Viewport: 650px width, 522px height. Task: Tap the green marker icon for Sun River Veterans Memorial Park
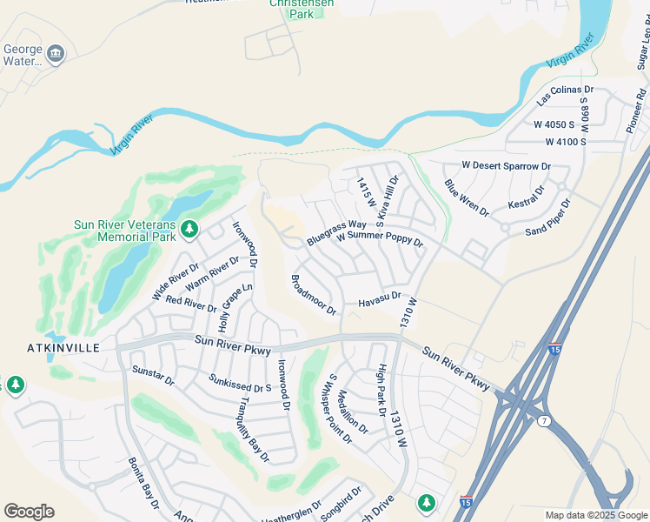(x=190, y=230)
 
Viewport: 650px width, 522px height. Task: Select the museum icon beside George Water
(x=56, y=55)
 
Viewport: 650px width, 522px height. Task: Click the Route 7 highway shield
(x=545, y=421)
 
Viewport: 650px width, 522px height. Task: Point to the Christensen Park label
(x=301, y=9)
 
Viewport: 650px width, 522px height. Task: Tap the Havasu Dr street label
(x=379, y=299)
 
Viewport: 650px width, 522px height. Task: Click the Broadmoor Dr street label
(x=313, y=294)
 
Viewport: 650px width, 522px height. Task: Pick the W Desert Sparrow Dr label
(x=506, y=164)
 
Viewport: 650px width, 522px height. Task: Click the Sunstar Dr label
(x=153, y=375)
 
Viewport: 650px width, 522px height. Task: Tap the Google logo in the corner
(x=29, y=512)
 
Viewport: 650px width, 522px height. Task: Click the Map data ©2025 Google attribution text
(x=594, y=515)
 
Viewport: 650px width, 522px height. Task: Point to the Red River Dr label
(x=190, y=304)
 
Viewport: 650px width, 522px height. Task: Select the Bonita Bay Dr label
(x=143, y=484)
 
